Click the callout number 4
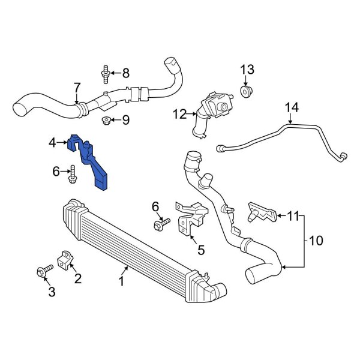(x=52, y=143)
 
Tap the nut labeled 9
(x=106, y=121)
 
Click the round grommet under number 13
(x=245, y=91)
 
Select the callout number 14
(x=291, y=109)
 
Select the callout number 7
(x=77, y=88)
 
